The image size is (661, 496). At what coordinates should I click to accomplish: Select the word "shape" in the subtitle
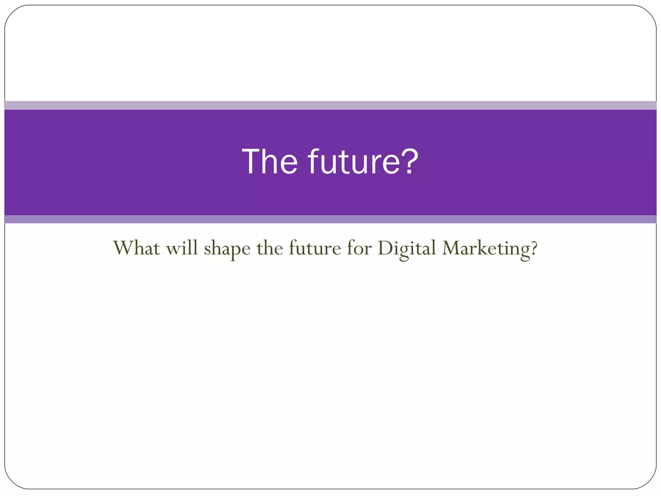point(227,249)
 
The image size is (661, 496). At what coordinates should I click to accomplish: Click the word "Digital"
point(407,249)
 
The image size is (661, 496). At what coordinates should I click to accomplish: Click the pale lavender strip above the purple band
point(330,105)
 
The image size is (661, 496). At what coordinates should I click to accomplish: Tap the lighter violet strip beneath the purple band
point(330,219)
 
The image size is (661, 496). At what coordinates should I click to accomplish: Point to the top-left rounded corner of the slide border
point(11,12)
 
